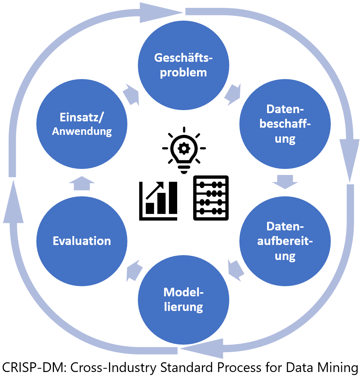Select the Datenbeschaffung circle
tap(285, 124)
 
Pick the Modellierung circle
tap(183, 300)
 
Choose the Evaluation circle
tap(82, 241)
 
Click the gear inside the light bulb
tap(184, 149)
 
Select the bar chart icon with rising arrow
tap(158, 201)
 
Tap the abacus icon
tap(211, 197)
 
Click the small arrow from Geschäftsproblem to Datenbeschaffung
tap(233, 95)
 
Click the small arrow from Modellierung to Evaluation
tap(134, 270)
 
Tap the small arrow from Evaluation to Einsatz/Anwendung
tap(82, 183)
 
